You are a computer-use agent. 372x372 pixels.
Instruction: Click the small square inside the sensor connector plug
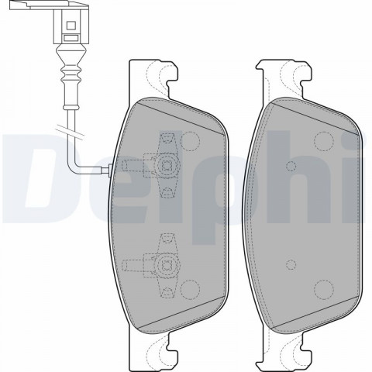point(71,26)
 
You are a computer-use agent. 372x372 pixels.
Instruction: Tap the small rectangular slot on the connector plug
point(71,38)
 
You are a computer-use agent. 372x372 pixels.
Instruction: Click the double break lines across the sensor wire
point(70,131)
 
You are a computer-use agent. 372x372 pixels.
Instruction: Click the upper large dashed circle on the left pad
point(190,141)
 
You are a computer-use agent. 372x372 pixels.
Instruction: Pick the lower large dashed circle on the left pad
point(190,289)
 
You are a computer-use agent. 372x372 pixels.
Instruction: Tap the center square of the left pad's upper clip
point(166,165)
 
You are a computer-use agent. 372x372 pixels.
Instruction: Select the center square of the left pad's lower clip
point(166,264)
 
